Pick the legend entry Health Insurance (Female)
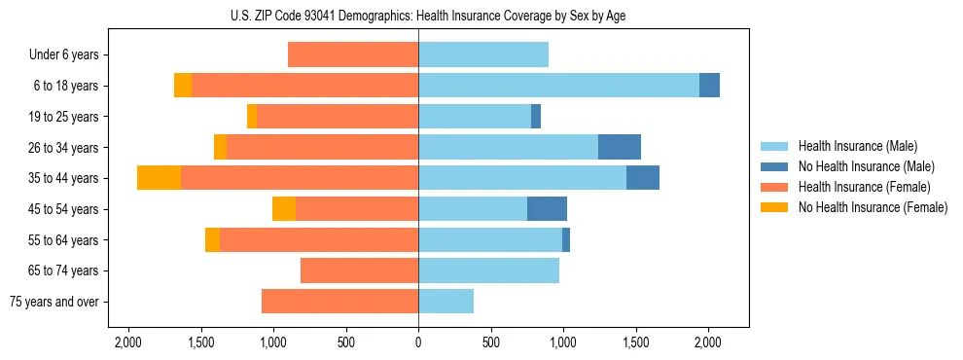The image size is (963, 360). click(x=857, y=187)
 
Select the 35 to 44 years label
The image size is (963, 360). click(x=65, y=178)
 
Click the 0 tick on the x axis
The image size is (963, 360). click(x=418, y=342)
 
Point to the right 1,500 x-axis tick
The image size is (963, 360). click(x=635, y=342)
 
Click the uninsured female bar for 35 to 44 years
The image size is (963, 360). click(x=159, y=178)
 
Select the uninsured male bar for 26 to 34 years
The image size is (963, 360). click(x=619, y=147)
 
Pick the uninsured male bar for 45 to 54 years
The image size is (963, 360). click(x=547, y=209)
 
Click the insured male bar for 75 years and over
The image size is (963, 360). click(x=446, y=302)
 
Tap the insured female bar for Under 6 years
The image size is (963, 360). click(x=353, y=55)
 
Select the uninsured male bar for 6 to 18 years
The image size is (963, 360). click(x=709, y=86)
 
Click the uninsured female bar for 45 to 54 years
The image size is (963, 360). click(x=284, y=209)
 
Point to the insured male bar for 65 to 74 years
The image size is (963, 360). click(x=488, y=270)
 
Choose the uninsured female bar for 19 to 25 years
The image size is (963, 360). click(x=252, y=117)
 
